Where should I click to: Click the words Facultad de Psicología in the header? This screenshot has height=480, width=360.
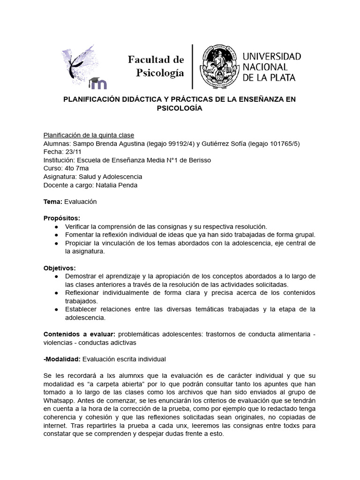pyautogui.click(x=156, y=66)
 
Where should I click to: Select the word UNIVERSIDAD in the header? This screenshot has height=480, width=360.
pyautogui.click(x=271, y=56)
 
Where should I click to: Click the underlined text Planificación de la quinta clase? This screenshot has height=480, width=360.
pyautogui.click(x=89, y=135)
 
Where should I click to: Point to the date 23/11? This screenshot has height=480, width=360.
pyautogui.click(x=72, y=151)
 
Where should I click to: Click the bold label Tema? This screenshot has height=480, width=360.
pyautogui.click(x=52, y=201)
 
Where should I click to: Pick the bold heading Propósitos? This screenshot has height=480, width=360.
pyautogui.click(x=62, y=218)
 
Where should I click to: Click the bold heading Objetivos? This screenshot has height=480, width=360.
pyautogui.click(x=60, y=268)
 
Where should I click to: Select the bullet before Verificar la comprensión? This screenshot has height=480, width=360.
pyautogui.click(x=57, y=226)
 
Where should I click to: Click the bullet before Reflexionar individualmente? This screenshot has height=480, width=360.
pyautogui.click(x=57, y=293)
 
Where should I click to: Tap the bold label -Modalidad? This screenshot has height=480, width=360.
pyautogui.click(x=62, y=359)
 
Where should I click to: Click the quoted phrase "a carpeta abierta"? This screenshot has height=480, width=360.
pyautogui.click(x=97, y=384)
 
